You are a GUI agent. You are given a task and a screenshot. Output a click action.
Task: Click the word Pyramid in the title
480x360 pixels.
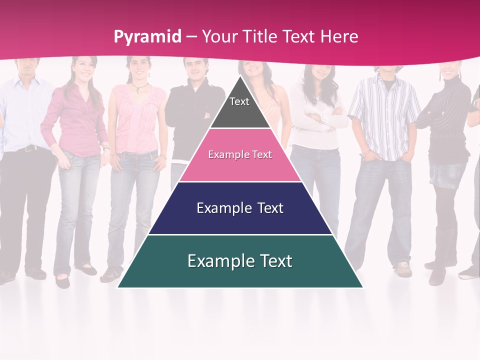[147, 37]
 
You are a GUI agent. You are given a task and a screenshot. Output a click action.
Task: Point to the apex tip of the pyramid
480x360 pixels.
[240, 76]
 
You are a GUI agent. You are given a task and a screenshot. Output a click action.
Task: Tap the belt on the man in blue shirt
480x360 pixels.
[27, 148]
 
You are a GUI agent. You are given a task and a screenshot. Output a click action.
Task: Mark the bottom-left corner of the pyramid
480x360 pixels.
[117, 287]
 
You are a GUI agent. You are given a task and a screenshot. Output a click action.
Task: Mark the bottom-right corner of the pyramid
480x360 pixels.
[363, 287]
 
